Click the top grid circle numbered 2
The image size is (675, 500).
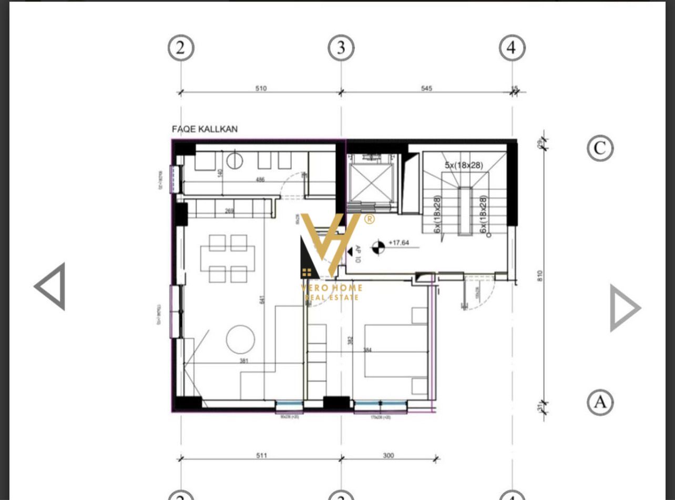(x=181, y=48)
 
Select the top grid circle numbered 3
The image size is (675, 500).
(x=341, y=48)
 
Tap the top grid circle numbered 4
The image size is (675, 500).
(x=512, y=48)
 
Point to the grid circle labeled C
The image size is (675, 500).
(x=600, y=148)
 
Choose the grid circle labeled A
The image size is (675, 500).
(x=600, y=402)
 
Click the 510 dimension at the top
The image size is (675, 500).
(x=261, y=88)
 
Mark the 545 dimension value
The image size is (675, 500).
(x=426, y=88)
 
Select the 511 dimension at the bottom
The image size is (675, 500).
(x=261, y=455)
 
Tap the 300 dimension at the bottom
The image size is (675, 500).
(x=388, y=455)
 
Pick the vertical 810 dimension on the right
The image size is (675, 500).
(x=539, y=276)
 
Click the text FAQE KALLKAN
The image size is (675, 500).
(x=205, y=129)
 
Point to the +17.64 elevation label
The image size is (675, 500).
(x=398, y=243)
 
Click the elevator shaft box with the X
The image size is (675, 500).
(x=371, y=183)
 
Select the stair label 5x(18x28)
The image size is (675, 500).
(x=464, y=165)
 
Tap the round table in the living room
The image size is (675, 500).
(x=240, y=339)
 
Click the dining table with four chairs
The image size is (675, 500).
(x=228, y=258)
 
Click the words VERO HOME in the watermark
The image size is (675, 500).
(x=332, y=288)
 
